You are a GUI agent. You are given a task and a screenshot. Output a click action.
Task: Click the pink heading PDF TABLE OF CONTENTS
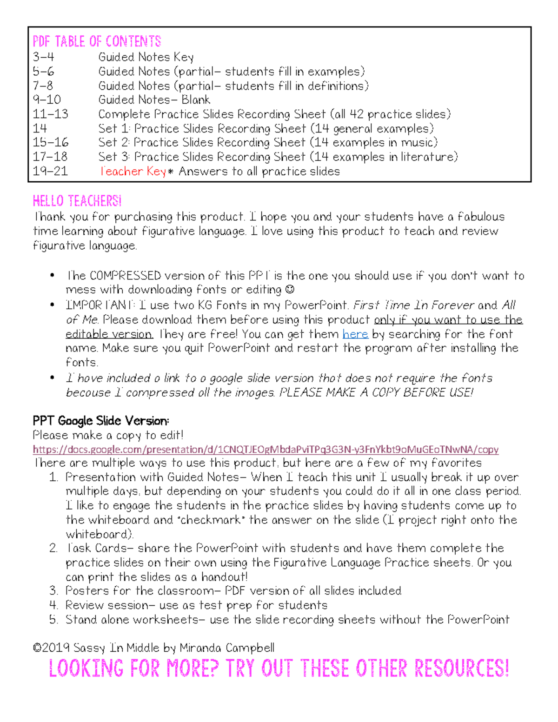tap(97, 42)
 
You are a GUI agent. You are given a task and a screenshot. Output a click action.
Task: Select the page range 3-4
tap(43, 57)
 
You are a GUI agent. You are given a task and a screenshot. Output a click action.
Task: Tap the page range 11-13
tap(50, 114)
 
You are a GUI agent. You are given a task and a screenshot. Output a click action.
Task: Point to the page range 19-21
tap(50, 172)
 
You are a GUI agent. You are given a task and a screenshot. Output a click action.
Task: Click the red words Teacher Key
tap(133, 172)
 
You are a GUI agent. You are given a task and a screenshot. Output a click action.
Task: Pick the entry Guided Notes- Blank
tap(154, 100)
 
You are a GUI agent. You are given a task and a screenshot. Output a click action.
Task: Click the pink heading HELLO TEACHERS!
tap(77, 201)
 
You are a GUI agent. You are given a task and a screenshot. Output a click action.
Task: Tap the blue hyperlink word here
tap(355, 334)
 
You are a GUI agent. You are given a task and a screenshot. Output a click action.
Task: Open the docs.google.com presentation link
tap(266, 450)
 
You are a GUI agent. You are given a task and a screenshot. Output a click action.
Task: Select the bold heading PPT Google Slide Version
tap(100, 421)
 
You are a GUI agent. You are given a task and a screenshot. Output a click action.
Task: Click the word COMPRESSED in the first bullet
tap(125, 276)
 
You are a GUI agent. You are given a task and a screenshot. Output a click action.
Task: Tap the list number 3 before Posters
tap(53, 591)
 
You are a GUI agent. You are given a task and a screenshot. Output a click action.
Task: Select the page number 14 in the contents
tap(40, 129)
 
